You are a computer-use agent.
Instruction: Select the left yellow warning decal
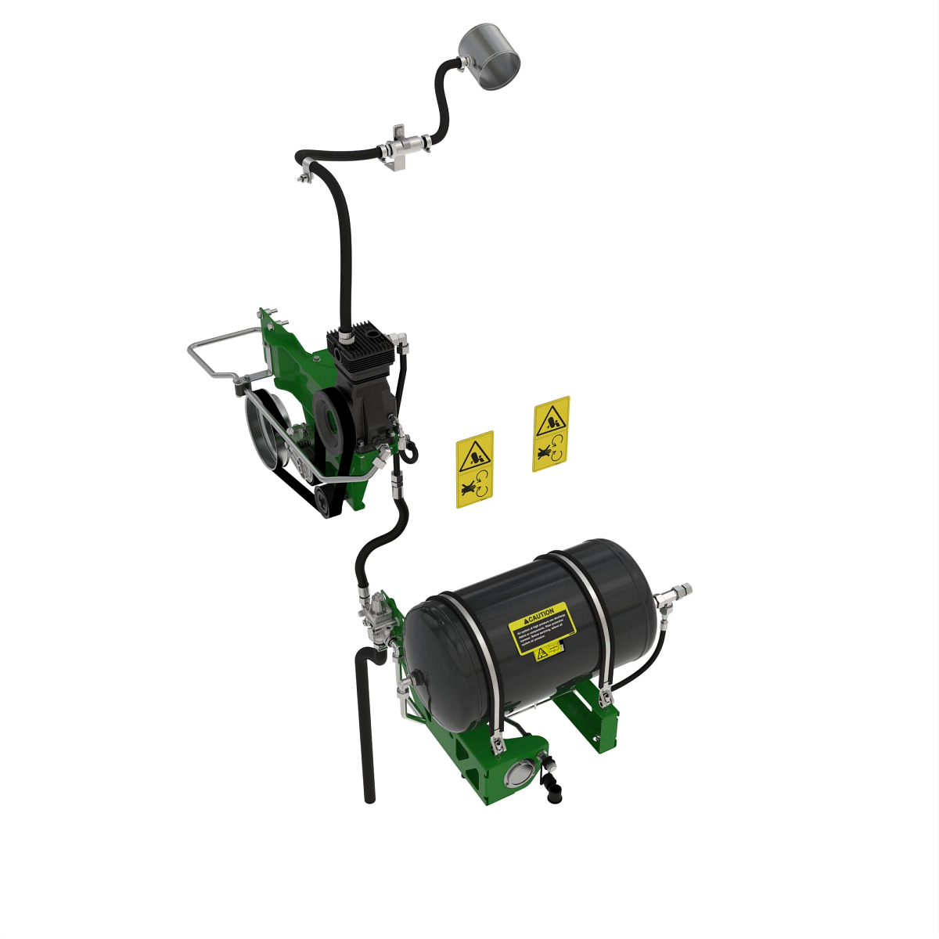[475, 469]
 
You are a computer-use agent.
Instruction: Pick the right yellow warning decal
[551, 434]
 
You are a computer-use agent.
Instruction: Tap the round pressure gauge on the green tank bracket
[519, 775]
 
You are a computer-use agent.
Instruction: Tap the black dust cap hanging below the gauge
[552, 790]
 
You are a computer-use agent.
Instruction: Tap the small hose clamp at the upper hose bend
[304, 174]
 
